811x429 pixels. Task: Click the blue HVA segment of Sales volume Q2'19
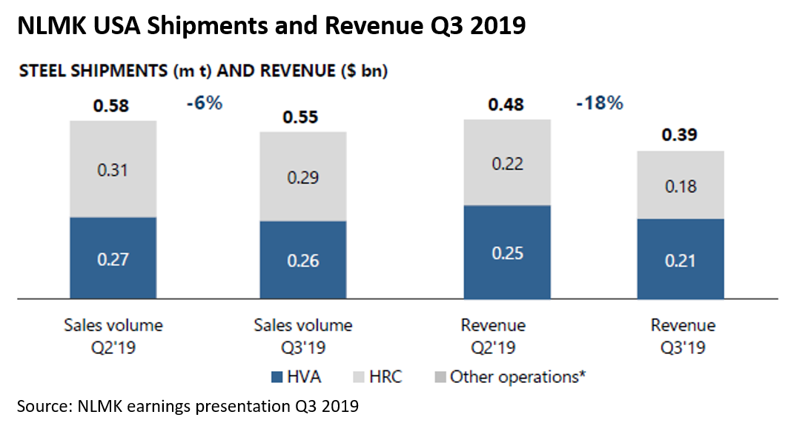coord(113,258)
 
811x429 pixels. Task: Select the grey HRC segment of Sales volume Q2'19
coord(113,169)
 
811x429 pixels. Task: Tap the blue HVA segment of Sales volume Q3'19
coord(302,261)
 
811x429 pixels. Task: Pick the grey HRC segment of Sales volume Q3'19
coord(302,177)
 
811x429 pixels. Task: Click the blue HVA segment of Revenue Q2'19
coord(507,252)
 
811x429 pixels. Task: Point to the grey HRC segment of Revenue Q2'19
coord(507,163)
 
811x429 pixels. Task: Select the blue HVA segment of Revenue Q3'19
coord(681,259)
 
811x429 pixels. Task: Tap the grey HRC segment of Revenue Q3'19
coord(681,185)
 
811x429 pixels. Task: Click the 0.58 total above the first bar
coord(111,106)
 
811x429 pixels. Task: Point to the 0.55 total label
coord(302,117)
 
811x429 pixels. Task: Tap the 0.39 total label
coord(679,136)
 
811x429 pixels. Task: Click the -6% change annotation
coord(205,103)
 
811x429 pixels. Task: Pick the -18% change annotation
coord(600,103)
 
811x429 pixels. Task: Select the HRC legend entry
coord(377,377)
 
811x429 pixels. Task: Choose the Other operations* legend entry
coord(509,377)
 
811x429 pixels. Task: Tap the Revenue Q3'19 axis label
coord(683,336)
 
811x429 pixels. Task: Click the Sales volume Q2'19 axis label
coord(113,336)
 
